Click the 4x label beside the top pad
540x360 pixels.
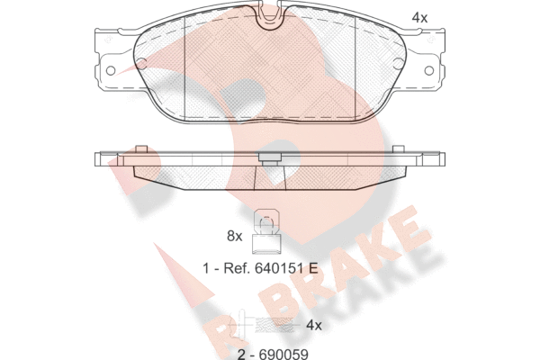[x=419, y=18]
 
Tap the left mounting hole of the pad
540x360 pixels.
[x=111, y=70]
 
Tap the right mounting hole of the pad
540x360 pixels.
[x=428, y=70]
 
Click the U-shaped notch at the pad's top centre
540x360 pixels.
[x=270, y=17]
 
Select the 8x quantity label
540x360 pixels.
[x=235, y=237]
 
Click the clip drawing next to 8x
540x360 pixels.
[x=266, y=232]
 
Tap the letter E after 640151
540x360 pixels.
[x=313, y=268]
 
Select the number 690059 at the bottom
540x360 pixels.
[x=283, y=354]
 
